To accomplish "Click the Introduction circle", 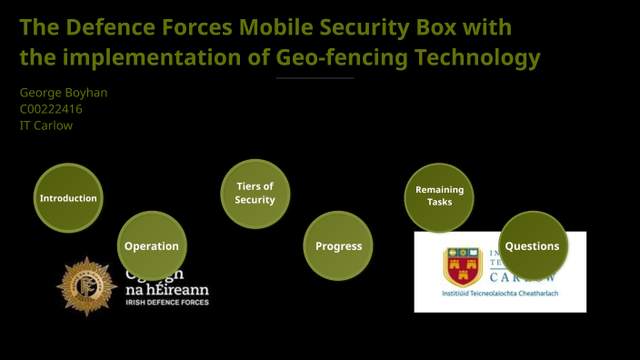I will [x=68, y=197].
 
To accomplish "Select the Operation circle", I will [x=152, y=245].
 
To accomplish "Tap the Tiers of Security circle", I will [x=255, y=193].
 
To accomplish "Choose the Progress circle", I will [x=338, y=245].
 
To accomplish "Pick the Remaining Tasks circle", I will [x=439, y=195].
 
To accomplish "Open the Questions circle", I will [x=533, y=245].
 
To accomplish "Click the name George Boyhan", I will [x=64, y=93].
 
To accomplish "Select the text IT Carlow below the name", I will [x=46, y=125].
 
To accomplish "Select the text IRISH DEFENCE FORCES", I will [x=166, y=301].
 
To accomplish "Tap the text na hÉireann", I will [x=166, y=288].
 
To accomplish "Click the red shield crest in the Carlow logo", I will [x=462, y=267].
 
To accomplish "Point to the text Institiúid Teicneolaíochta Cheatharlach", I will [x=499, y=295].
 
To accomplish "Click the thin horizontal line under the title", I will [x=315, y=78].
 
